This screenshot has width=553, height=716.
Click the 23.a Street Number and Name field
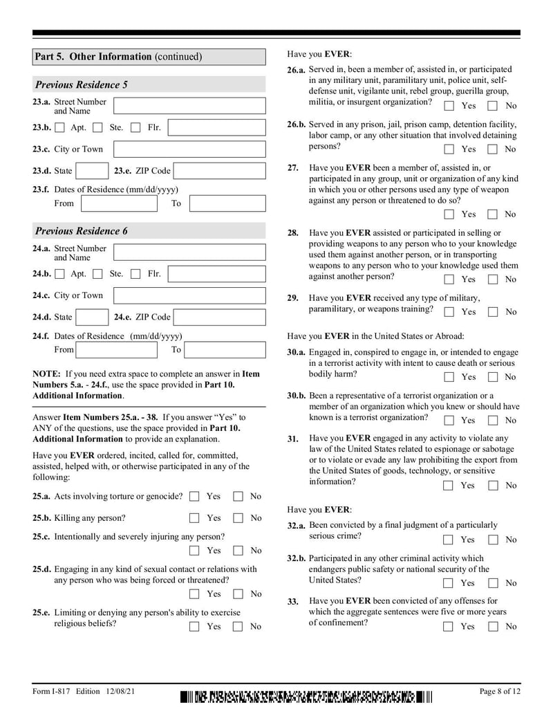point(189,106)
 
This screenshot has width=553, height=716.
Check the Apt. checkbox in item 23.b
point(60,128)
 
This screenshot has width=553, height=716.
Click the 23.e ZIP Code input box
point(218,171)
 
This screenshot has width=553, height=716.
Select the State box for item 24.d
point(91,318)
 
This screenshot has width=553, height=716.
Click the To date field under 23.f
point(227,203)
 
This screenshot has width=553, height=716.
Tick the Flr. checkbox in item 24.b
point(136,275)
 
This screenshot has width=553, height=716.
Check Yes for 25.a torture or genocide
point(194,497)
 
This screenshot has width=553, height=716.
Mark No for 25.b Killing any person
point(238,518)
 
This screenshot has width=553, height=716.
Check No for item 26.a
point(493,106)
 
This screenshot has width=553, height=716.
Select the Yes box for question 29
point(449,312)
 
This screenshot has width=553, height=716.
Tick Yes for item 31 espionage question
point(449,486)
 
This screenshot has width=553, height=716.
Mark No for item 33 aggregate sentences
point(493,627)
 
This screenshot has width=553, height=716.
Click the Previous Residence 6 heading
point(82,231)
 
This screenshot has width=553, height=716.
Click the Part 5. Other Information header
point(118,57)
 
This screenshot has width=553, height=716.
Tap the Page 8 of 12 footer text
point(500,692)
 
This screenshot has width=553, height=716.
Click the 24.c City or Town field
point(189,296)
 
